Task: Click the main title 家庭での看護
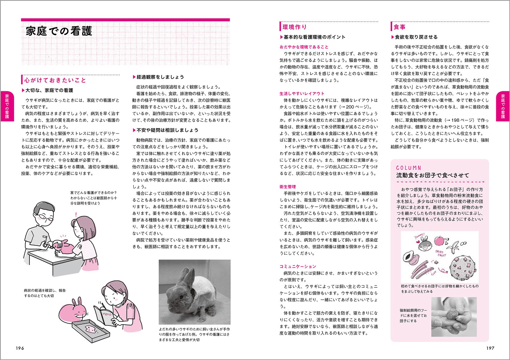[59, 31]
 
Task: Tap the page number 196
[20, 348]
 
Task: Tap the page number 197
[490, 348]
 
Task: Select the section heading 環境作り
[295, 27]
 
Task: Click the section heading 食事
[400, 27]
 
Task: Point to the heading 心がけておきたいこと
[55, 80]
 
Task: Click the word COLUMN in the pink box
[409, 168]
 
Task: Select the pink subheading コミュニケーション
[298, 266]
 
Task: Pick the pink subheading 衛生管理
[288, 187]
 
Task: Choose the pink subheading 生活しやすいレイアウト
[302, 94]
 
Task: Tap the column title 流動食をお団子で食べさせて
[432, 175]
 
